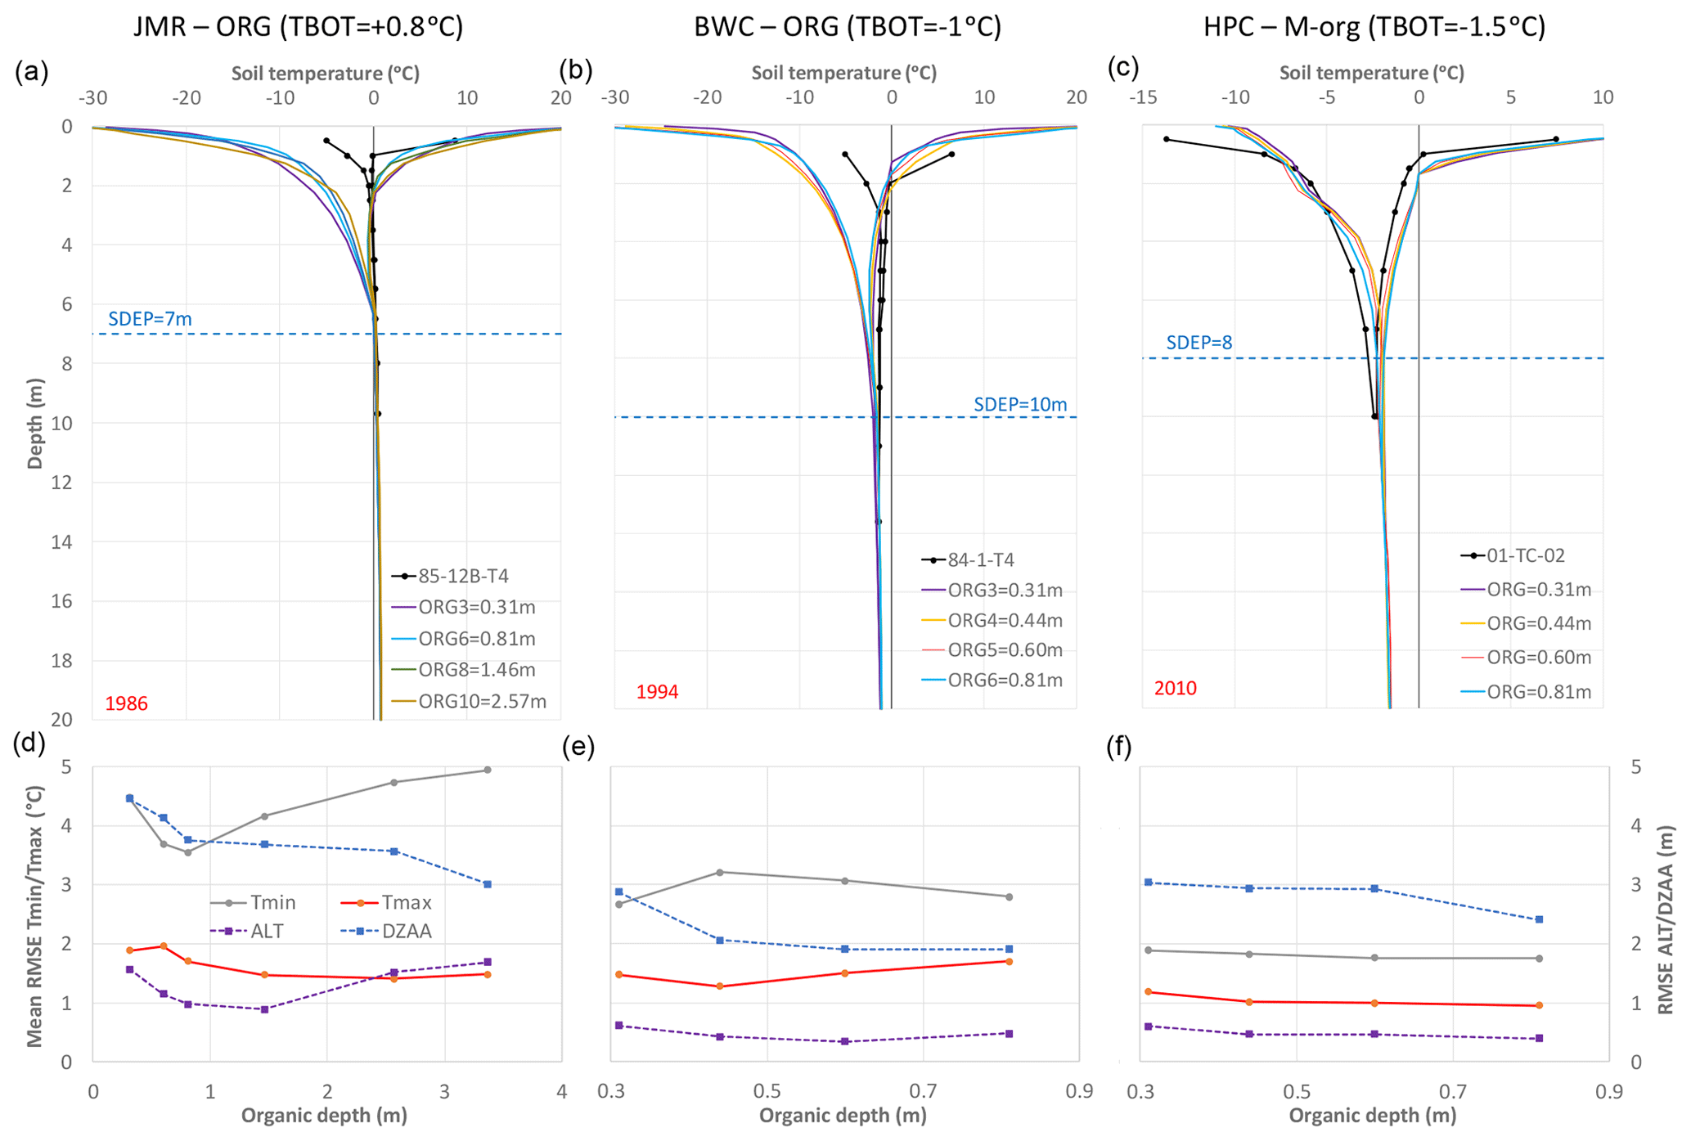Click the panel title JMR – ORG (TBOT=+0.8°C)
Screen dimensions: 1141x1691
pos(298,27)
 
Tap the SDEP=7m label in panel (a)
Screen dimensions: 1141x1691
pos(150,319)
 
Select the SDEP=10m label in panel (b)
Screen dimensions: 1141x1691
pos(1019,404)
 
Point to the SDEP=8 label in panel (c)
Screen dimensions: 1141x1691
pos(1199,343)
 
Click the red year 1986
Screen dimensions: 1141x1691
pos(126,703)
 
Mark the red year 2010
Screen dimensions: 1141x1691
pos(1175,688)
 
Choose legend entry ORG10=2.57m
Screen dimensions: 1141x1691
pos(482,701)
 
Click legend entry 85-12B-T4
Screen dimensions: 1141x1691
pos(463,577)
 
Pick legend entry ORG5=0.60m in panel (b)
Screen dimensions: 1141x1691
pos(1005,650)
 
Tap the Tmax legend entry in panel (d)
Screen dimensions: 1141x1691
pos(406,903)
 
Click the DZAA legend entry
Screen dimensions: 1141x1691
pos(406,931)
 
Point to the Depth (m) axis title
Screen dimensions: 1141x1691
pos(34,423)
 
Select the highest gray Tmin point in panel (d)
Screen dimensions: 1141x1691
pos(488,770)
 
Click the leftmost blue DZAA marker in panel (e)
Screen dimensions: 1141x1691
pos(618,892)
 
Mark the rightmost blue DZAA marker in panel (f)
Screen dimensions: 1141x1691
pos(1539,919)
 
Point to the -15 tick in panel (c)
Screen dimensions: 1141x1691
pos(1143,97)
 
